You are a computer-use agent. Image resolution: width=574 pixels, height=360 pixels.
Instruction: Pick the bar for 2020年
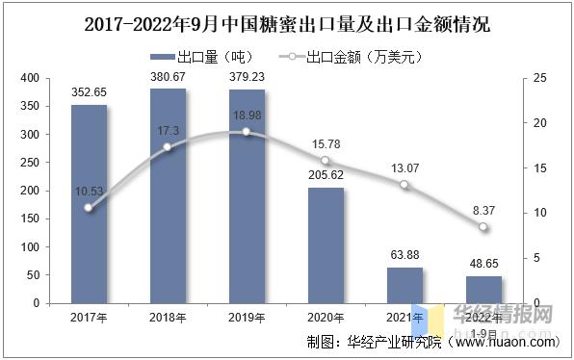click(326, 245)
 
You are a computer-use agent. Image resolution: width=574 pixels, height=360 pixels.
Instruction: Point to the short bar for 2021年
click(404, 285)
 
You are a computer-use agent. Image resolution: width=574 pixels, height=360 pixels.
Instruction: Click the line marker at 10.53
click(89, 208)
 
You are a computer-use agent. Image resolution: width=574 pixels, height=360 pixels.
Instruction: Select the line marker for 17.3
click(168, 147)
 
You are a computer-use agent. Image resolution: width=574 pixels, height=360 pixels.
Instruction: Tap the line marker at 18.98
click(247, 132)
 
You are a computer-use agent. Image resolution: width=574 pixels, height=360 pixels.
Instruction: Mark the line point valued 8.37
click(483, 228)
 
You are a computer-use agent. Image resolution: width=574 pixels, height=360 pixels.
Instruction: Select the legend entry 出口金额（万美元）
click(348, 57)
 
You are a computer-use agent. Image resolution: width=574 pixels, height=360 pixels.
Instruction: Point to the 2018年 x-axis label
click(168, 317)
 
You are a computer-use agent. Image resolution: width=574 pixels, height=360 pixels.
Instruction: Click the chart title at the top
click(286, 21)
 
